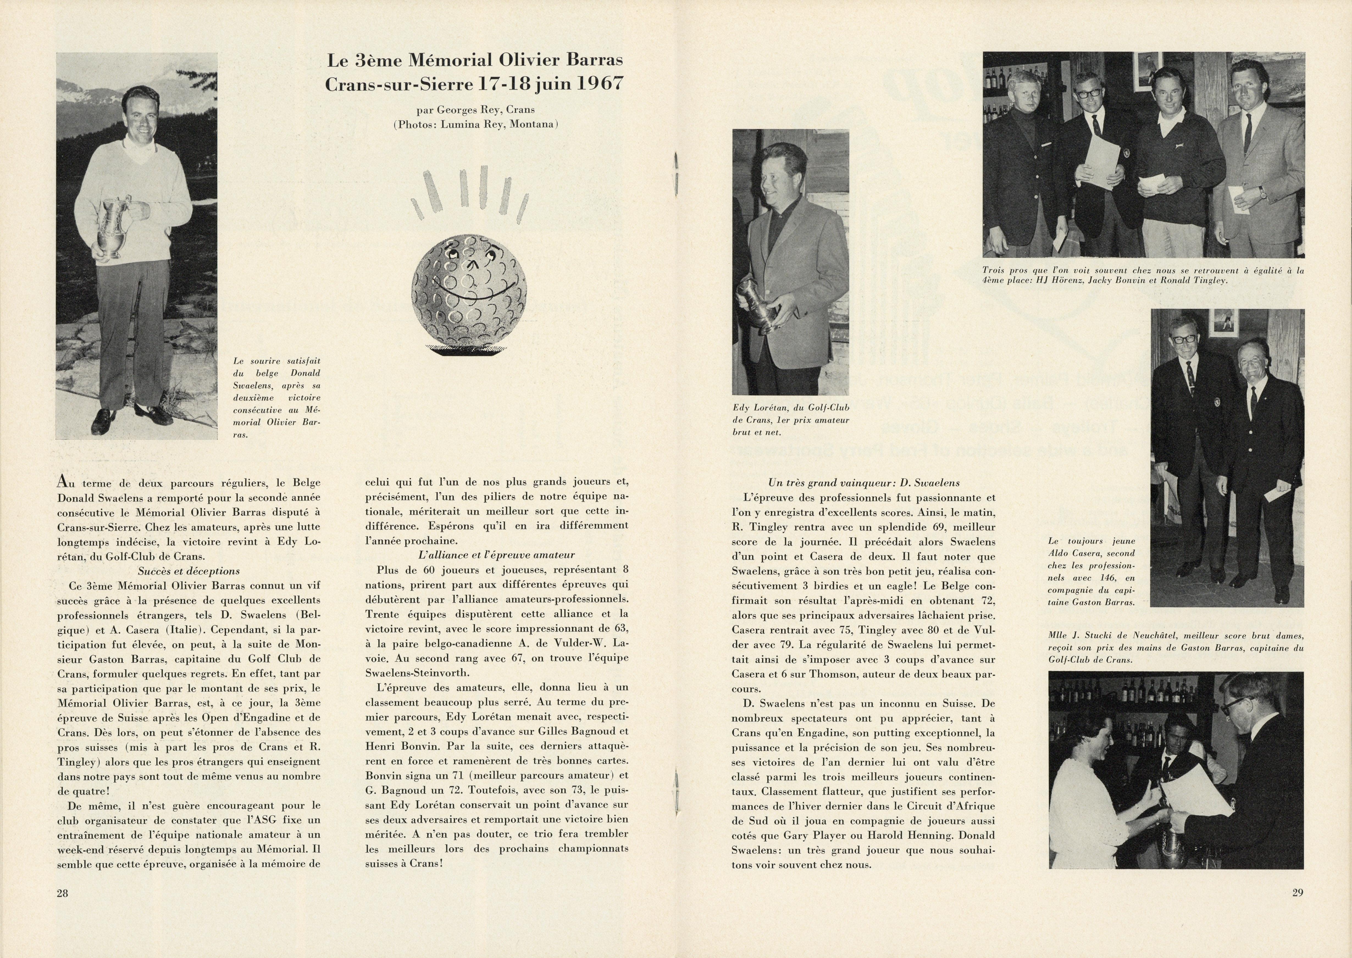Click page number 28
(x=62, y=893)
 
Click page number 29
(x=1297, y=893)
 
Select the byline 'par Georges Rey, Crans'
(x=475, y=110)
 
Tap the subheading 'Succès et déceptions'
(x=189, y=571)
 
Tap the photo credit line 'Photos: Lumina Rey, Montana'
(x=475, y=125)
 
